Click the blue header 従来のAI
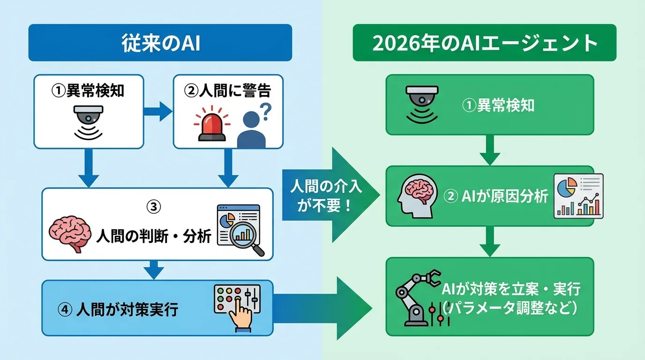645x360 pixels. (160, 43)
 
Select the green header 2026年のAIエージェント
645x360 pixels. (484, 43)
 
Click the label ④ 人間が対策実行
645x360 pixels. (118, 310)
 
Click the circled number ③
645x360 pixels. (154, 206)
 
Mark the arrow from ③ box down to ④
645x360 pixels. (154, 270)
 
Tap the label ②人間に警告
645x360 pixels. (227, 90)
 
